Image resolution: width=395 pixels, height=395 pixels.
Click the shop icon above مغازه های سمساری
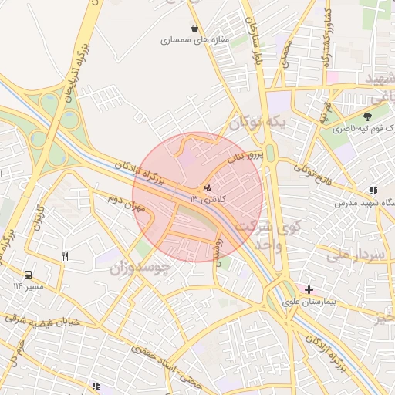point(193,29)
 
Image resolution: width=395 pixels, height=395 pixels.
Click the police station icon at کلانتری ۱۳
point(207,187)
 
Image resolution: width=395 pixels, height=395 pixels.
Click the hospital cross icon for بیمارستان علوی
point(309,289)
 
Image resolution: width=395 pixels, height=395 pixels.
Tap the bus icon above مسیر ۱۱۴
point(29,274)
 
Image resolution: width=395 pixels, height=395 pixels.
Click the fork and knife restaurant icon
point(66,257)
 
